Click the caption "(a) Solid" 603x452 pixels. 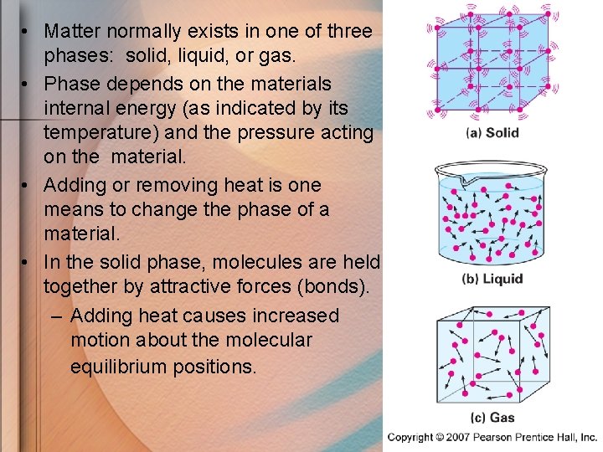coord(492,132)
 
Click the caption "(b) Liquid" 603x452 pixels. coord(492,279)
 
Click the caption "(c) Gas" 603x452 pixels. coord(492,417)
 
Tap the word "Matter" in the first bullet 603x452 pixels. coord(71,32)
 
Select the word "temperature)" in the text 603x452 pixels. coord(95,132)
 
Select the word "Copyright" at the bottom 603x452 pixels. coord(411,437)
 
